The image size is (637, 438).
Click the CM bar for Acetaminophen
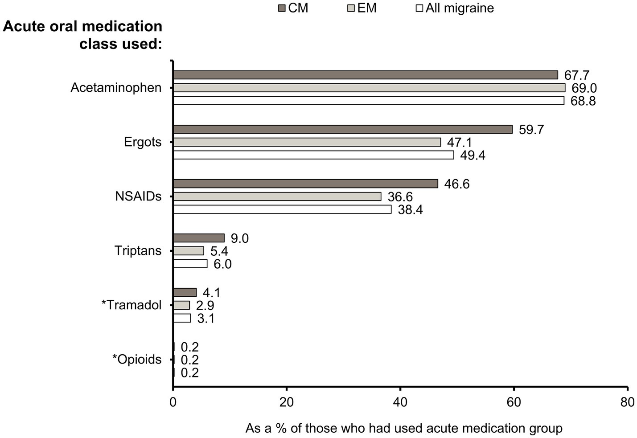pos(365,75)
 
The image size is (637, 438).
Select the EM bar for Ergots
pos(307,142)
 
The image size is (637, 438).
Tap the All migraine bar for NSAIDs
pos(282,209)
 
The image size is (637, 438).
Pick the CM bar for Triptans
pos(198,238)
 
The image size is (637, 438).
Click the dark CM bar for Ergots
pos(342,129)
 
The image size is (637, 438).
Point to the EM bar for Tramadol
pos(181,305)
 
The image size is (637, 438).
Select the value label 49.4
pos(472,155)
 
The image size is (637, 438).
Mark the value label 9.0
pos(239,238)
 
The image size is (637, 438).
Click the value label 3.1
pos(205,319)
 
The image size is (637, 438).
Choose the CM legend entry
pos(293,8)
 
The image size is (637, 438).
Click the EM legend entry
pos(362,8)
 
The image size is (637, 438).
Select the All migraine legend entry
pos(455,8)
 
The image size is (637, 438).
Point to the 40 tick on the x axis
pos(400,402)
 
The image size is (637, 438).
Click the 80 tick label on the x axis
pos(627,402)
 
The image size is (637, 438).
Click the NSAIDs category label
pos(138,196)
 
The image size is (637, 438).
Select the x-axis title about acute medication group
pos(404,428)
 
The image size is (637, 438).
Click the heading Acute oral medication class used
pos(82,35)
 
